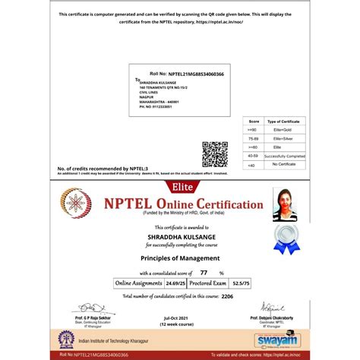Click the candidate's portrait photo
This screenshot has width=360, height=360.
286,204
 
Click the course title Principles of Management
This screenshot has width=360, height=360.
180,257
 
